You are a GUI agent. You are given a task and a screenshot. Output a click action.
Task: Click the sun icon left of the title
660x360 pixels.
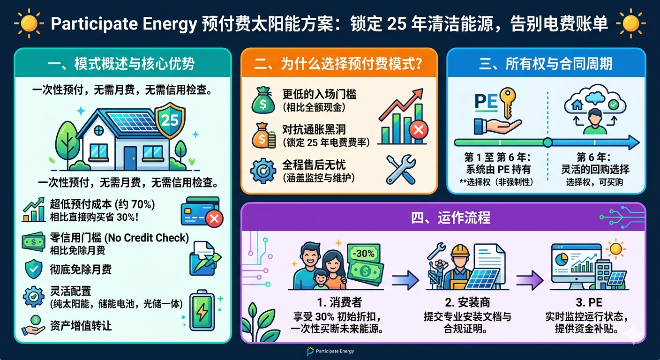pyautogui.click(x=29, y=23)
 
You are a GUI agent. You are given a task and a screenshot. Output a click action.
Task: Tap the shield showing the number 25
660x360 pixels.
pyautogui.click(x=170, y=120)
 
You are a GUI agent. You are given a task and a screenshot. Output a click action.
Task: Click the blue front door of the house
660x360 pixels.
pyautogui.click(x=130, y=158)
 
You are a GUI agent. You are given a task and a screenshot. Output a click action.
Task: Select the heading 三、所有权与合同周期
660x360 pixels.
pyautogui.click(x=546, y=64)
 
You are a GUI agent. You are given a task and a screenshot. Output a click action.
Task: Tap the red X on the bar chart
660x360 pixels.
pyautogui.click(x=419, y=130)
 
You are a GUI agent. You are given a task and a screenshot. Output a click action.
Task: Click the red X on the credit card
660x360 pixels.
pyautogui.click(x=214, y=218)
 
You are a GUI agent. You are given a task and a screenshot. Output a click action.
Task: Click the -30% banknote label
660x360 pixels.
pyautogui.click(x=363, y=253)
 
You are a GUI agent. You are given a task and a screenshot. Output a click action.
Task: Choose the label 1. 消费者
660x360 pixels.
pyautogui.click(x=339, y=302)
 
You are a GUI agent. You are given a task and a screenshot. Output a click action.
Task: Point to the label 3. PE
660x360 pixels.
pyautogui.click(x=589, y=302)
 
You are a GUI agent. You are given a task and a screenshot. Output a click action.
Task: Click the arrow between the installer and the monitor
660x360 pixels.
pyautogui.click(x=530, y=280)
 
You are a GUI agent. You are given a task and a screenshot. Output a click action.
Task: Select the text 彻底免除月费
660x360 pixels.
pyautogui.click(x=81, y=269)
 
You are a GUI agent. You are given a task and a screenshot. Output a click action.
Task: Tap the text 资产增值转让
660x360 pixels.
pyautogui.click(x=81, y=325)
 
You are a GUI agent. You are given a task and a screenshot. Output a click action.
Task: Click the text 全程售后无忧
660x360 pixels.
pyautogui.click(x=314, y=165)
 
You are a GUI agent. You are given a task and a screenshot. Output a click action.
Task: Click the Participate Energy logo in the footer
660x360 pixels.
pyautogui.click(x=330, y=351)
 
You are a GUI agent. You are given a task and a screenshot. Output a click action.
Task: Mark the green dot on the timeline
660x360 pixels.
pyautogui.click(x=547, y=142)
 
